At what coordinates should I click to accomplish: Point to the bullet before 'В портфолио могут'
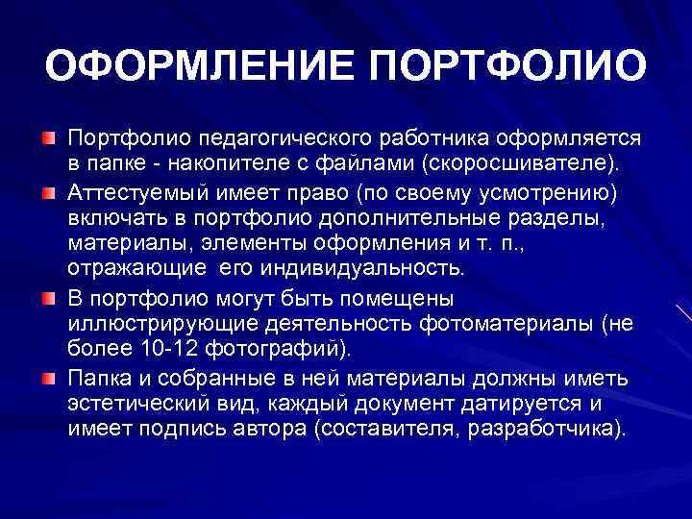pos(47,298)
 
